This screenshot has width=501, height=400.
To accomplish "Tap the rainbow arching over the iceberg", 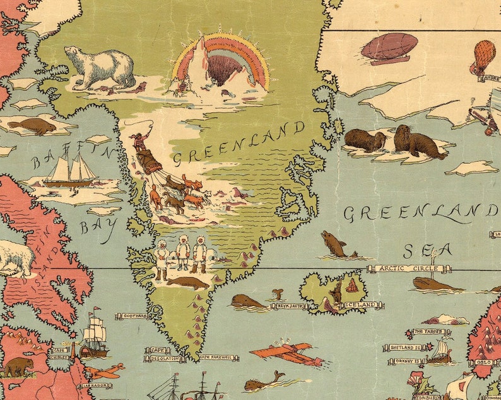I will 221,47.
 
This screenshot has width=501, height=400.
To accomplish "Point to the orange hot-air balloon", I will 483,55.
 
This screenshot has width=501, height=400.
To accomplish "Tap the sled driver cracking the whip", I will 137,140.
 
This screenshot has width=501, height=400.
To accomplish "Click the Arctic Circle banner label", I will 408,268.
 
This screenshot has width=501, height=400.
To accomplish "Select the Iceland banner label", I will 360,306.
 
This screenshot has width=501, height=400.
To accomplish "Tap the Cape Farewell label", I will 217,358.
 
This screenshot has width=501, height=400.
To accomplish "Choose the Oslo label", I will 484,362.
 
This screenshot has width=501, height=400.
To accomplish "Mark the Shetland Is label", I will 403,347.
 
